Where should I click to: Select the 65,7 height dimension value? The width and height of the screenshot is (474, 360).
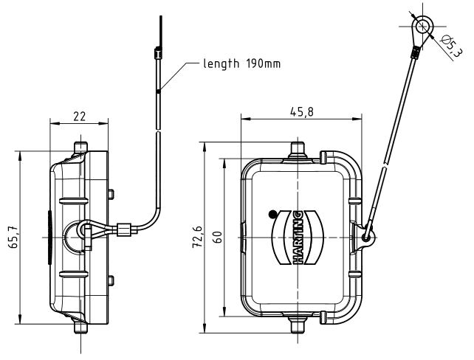(13, 238)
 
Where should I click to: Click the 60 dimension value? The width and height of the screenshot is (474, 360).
(218, 238)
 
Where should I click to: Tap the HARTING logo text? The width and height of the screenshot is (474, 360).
(302, 236)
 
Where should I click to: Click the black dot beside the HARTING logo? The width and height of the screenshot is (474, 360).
(273, 214)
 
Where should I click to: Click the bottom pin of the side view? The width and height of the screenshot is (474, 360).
(80, 325)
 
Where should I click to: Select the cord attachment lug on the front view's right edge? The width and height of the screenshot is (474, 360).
(367, 235)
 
